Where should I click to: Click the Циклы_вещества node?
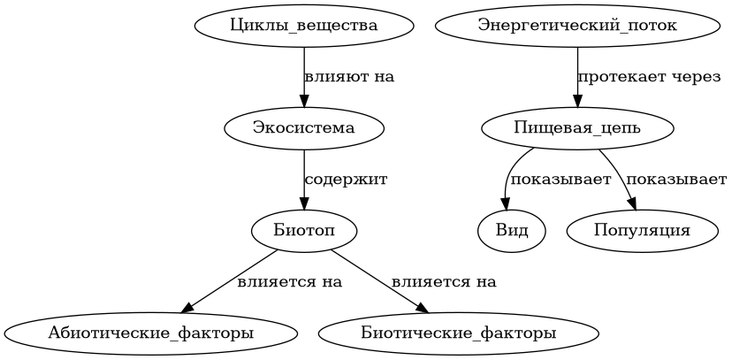(x=304, y=26)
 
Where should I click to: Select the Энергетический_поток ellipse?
(x=577, y=26)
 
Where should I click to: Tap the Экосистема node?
(x=304, y=128)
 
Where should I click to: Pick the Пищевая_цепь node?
(x=577, y=128)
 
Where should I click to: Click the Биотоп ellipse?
(x=304, y=231)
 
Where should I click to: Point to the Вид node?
(x=512, y=231)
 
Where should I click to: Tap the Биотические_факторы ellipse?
(x=459, y=333)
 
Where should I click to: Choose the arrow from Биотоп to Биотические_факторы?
(x=378, y=280)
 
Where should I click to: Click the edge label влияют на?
(x=349, y=77)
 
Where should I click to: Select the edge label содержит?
(x=346, y=180)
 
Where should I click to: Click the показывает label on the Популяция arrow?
(x=676, y=180)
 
